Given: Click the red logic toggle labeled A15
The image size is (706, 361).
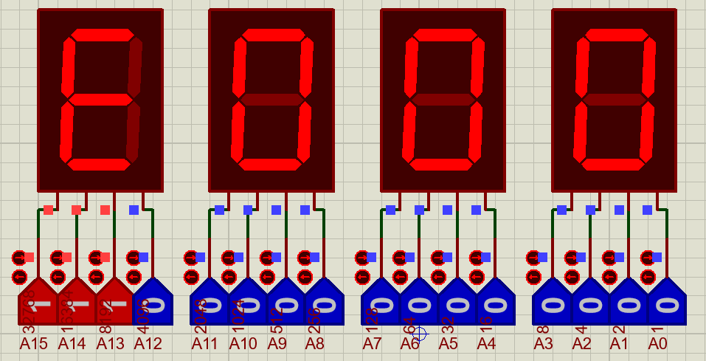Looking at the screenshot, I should pyautogui.click(x=37, y=303).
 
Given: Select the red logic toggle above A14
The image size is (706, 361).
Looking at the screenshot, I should pyautogui.click(x=76, y=303).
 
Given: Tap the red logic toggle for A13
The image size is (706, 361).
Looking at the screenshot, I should pyautogui.click(x=114, y=303).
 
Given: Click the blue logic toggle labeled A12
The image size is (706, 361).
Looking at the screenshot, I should pyautogui.click(x=153, y=303).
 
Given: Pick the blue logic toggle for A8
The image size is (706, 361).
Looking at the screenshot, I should pyautogui.click(x=324, y=303).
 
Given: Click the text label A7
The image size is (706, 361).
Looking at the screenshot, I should pyautogui.click(x=372, y=343).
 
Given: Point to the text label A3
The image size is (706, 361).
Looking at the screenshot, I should pyautogui.click(x=543, y=343).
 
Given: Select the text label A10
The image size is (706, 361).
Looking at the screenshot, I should pyautogui.click(x=243, y=343).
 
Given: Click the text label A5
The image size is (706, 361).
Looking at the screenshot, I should pyautogui.click(x=448, y=343).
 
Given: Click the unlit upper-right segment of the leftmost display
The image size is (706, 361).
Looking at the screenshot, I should pyautogui.click(x=135, y=65).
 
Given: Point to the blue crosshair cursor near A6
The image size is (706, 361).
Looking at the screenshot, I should pyautogui.click(x=419, y=334).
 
